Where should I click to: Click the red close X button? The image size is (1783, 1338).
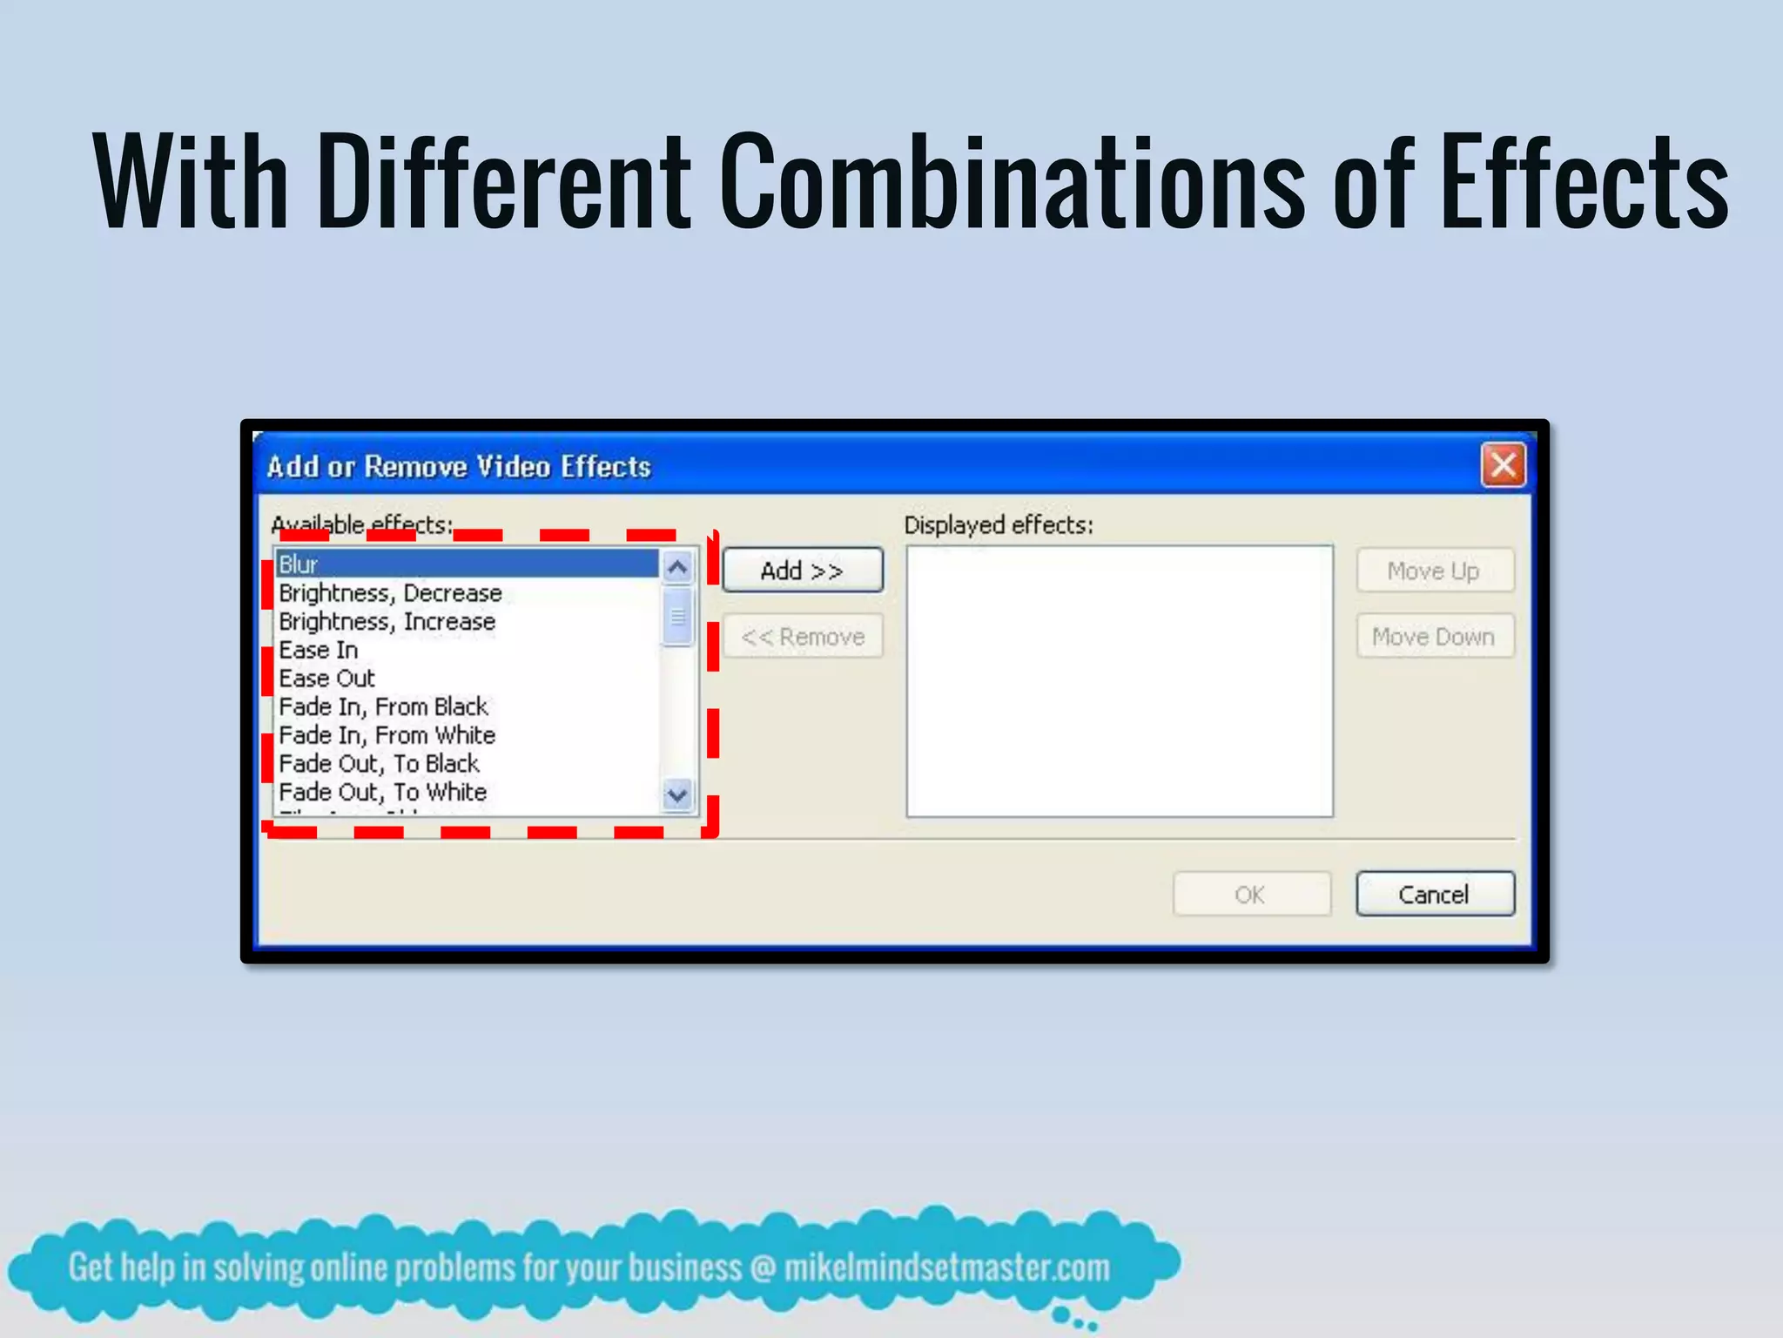click(1504, 465)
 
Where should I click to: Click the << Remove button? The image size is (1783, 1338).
click(803, 637)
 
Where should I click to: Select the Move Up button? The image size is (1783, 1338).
click(1435, 571)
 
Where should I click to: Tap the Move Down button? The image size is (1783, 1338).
click(1435, 637)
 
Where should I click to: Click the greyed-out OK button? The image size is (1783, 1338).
click(1251, 895)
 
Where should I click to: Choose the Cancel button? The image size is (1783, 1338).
click(1435, 895)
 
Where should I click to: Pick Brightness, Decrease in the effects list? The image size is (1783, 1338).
click(390, 593)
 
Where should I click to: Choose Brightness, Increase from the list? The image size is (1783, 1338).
click(387, 622)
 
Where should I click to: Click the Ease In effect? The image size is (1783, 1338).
click(319, 651)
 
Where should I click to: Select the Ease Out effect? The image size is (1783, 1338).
click(326, 679)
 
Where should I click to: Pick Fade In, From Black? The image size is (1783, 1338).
click(383, 706)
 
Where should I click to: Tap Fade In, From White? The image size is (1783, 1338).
click(387, 735)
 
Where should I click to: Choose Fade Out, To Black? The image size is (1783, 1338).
click(379, 764)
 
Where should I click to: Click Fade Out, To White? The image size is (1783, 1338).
click(382, 793)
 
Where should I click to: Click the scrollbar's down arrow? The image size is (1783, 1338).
click(677, 794)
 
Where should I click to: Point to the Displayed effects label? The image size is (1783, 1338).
click(999, 525)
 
